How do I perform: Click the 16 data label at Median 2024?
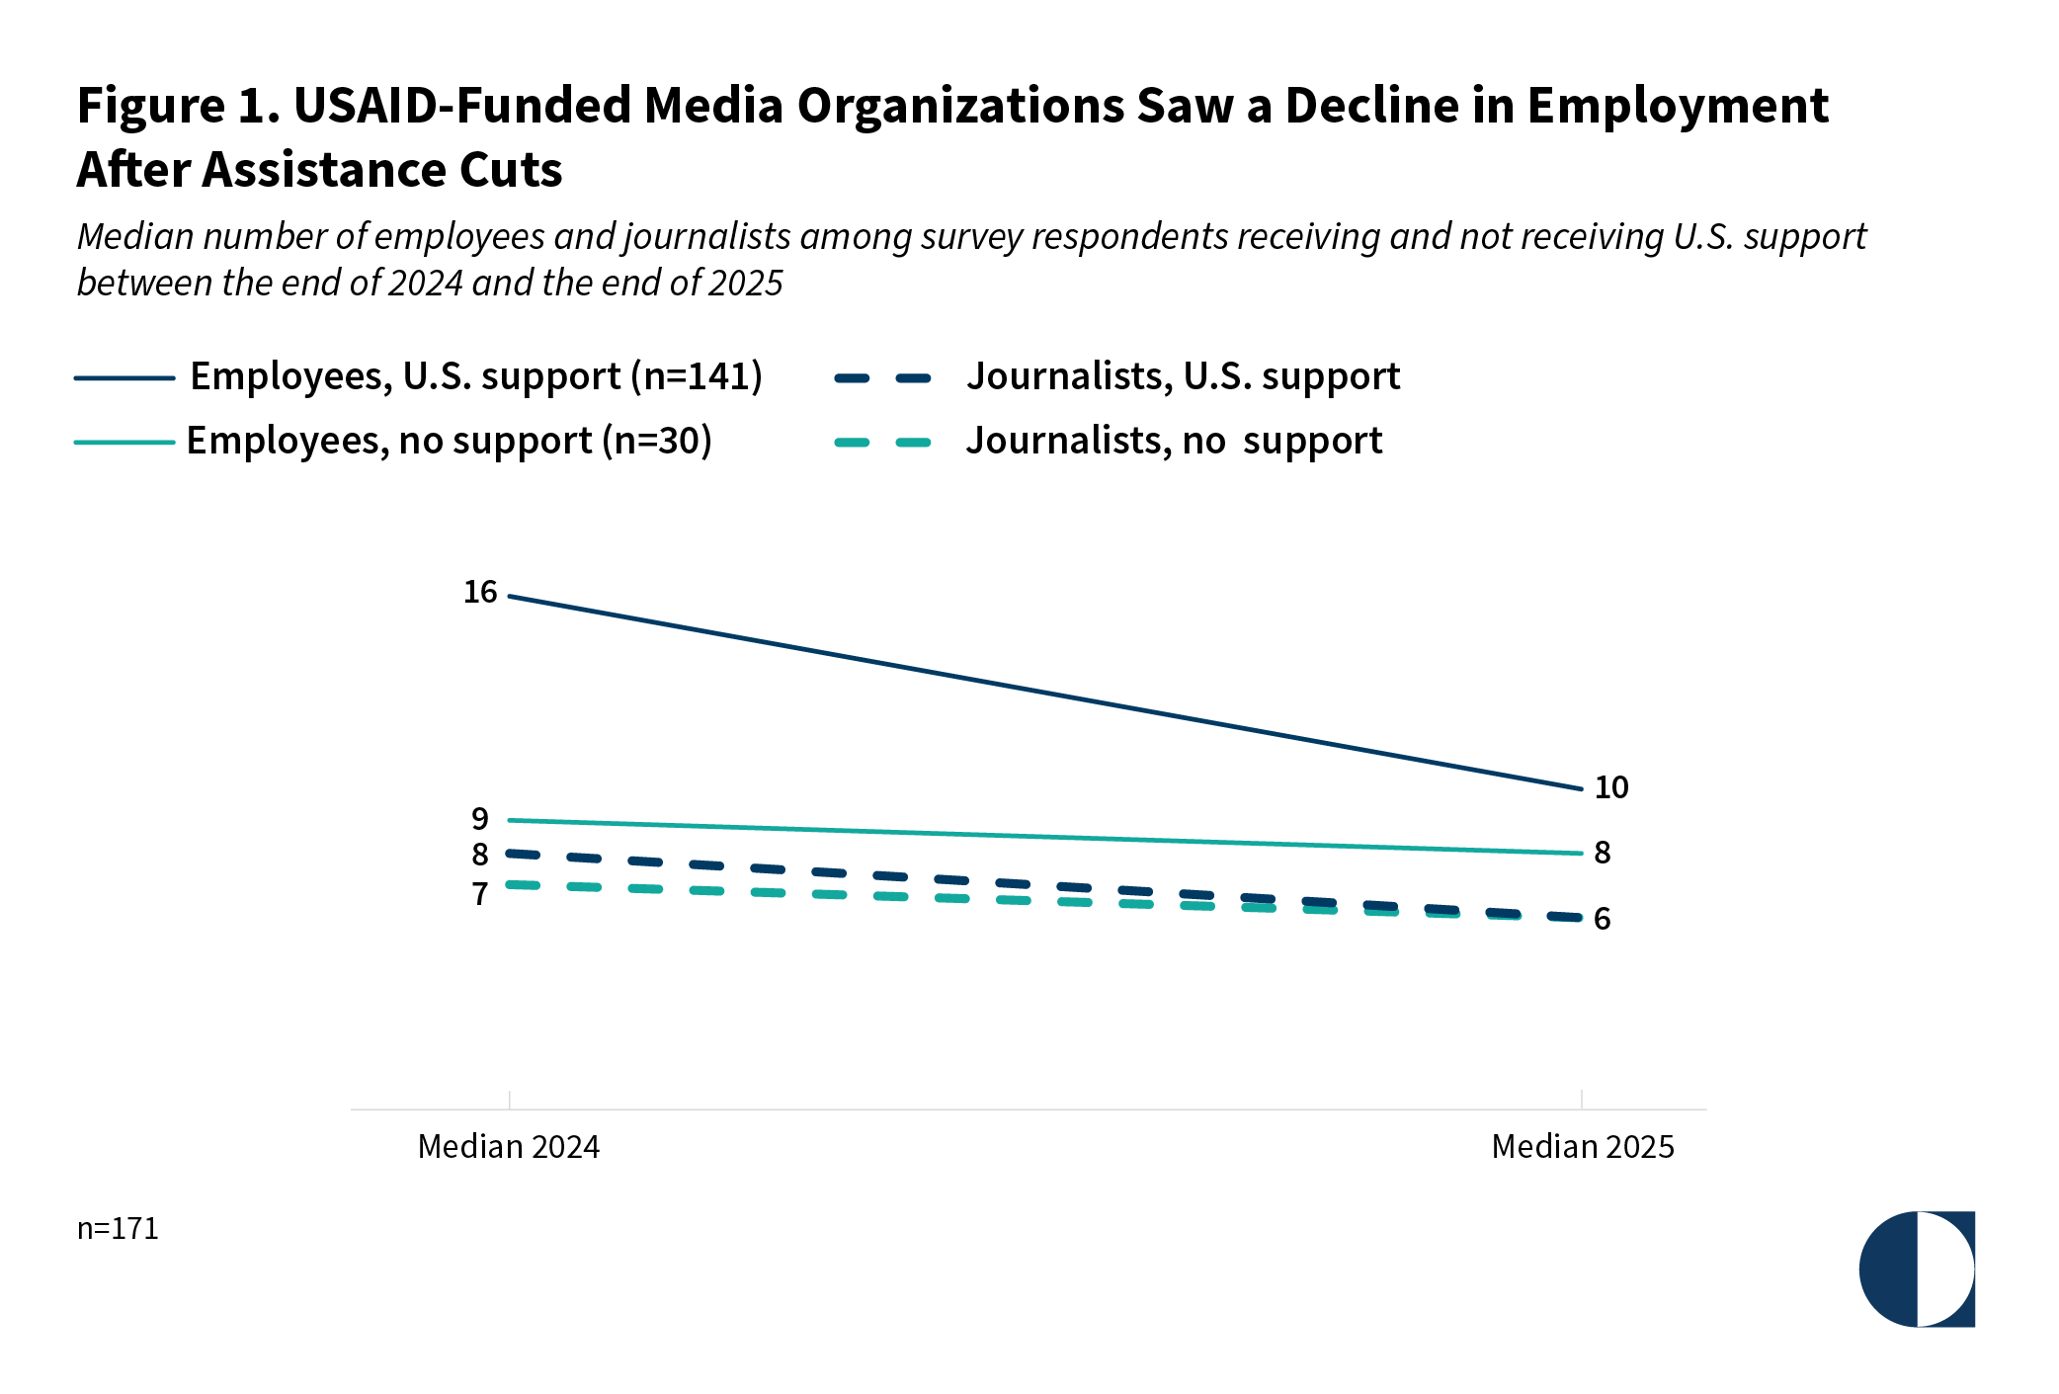(480, 592)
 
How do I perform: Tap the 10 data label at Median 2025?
(1610, 787)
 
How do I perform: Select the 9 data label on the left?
(480, 819)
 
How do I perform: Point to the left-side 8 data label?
(480, 855)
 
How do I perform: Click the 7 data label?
(480, 894)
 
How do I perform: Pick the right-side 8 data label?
(1603, 853)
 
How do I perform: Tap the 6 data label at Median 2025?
(1603, 919)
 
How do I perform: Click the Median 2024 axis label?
(509, 1146)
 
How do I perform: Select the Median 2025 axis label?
(1583, 1146)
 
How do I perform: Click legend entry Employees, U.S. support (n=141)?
(476, 376)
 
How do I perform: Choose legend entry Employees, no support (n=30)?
(450, 441)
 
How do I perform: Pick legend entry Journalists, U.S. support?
(1183, 376)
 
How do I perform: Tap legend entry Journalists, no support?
(1174, 441)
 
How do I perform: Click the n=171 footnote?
(118, 1228)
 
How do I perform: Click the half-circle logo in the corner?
(1917, 1269)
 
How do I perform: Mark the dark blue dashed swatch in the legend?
(883, 377)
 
